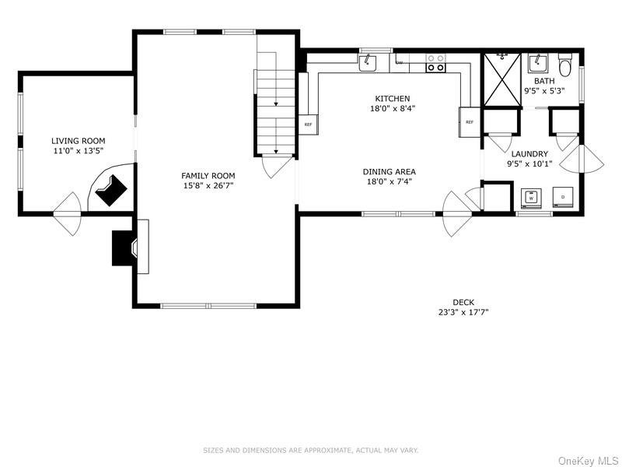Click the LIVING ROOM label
click(78, 141)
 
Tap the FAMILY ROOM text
click(208, 176)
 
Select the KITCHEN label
click(392, 99)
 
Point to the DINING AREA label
click(389, 172)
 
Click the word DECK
click(463, 303)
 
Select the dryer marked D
click(563, 198)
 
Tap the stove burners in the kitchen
click(436, 63)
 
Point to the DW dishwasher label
click(400, 61)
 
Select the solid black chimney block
click(122, 248)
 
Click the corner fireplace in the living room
click(111, 188)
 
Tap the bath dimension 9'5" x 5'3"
click(543, 90)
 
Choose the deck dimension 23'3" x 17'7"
click(463, 313)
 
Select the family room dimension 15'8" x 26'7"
click(208, 185)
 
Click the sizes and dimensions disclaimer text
click(311, 450)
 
